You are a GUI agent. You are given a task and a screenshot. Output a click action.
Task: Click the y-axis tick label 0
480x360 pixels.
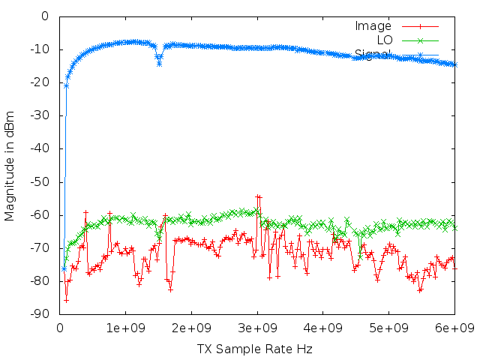coord(45,16)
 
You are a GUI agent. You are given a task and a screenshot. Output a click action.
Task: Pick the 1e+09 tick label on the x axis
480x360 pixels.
coord(125,328)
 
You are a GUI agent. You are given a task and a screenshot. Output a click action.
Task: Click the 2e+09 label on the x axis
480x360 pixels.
coord(191,328)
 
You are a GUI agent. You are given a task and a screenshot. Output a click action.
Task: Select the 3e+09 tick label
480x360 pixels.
coord(257,328)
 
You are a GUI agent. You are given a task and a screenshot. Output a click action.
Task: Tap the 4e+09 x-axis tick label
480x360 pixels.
coord(323,328)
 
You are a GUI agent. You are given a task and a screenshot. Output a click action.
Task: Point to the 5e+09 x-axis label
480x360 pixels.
coord(389,328)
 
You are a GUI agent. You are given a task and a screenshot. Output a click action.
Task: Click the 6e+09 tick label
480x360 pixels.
coord(455,328)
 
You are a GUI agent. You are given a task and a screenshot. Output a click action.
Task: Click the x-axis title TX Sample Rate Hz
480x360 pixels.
coord(255,349)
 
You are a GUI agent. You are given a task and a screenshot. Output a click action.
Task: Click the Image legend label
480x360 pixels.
coord(373,26)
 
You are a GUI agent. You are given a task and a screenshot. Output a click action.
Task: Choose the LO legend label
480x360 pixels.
coord(385,40)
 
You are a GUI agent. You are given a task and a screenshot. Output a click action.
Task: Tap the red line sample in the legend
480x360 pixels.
coord(420,26)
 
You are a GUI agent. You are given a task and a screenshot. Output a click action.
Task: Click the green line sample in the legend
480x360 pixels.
coord(420,40)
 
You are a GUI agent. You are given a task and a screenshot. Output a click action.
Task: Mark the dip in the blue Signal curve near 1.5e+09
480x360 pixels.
coord(159,64)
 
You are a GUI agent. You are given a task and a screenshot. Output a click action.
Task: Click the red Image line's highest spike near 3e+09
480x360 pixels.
coord(257,196)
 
